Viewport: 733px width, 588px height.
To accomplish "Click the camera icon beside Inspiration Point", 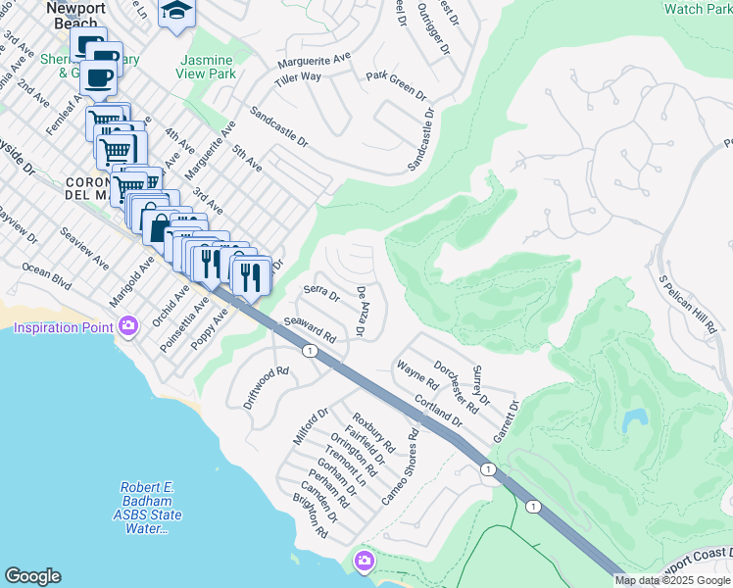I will point(127,326).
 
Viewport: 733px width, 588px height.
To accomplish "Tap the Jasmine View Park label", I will point(207,66).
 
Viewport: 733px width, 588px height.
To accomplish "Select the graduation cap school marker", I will point(177,12).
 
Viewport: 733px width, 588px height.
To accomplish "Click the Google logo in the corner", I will point(32,576).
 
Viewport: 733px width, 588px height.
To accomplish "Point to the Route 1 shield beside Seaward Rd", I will point(310,351).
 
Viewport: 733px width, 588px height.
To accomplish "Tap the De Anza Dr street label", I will point(361,313).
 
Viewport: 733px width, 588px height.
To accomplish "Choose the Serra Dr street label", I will point(320,291).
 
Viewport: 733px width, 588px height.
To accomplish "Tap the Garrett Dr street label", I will point(505,421).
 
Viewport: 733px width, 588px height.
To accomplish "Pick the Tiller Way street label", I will point(299,76).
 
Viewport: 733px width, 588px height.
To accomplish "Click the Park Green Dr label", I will point(396,86).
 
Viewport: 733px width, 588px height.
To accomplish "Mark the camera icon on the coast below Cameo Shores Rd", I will point(364,560).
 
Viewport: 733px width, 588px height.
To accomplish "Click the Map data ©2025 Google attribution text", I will point(672,580).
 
